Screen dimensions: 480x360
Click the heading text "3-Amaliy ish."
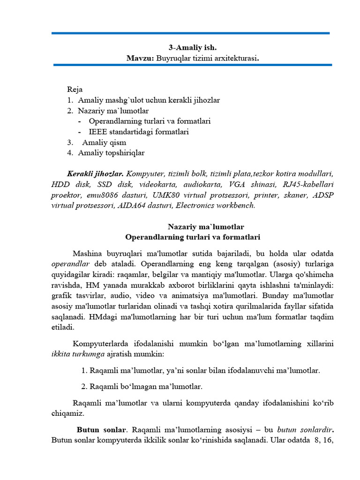pyautogui.click(x=193, y=47)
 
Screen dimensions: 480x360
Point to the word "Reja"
pyautogui.click(x=75, y=89)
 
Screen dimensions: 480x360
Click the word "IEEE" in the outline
pyautogui.click(x=97, y=132)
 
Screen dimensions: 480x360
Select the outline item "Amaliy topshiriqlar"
pyautogui.click(x=111, y=153)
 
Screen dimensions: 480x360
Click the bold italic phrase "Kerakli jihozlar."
pyautogui.click(x=95, y=173)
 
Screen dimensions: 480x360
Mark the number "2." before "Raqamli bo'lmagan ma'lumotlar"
pyautogui.click(x=84, y=387)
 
